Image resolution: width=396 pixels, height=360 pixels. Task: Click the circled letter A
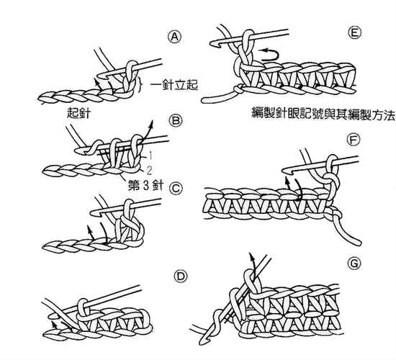(x=175, y=37)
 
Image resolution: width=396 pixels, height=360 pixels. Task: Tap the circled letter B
(x=175, y=120)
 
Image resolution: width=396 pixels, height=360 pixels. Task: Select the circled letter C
(x=176, y=189)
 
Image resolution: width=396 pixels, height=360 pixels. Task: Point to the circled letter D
(x=181, y=276)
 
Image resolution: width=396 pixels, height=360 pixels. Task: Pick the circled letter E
(x=354, y=33)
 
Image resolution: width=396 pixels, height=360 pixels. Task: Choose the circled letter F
(x=354, y=140)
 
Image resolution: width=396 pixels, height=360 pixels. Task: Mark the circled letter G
(x=354, y=264)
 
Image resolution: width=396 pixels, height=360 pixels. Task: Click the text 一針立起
(x=174, y=84)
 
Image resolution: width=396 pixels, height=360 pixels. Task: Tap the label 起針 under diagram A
(x=78, y=113)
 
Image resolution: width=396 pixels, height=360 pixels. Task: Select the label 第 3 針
(x=146, y=185)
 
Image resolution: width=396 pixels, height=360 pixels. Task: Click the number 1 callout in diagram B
(x=150, y=156)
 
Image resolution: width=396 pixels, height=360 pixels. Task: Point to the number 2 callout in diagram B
(x=149, y=171)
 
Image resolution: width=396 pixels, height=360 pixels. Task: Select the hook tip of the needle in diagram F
(x=285, y=171)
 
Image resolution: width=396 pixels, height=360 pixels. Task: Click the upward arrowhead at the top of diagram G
(x=251, y=256)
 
